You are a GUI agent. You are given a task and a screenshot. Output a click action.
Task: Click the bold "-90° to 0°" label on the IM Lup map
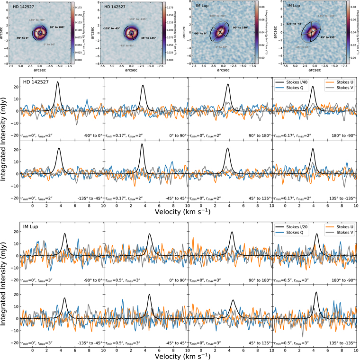(201, 33)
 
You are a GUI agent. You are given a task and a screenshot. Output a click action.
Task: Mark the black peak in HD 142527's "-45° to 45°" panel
(142, 144)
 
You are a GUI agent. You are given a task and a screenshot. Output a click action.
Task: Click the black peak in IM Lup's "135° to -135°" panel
(316, 292)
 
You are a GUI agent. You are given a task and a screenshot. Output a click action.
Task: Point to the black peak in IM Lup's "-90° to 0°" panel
(64, 234)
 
